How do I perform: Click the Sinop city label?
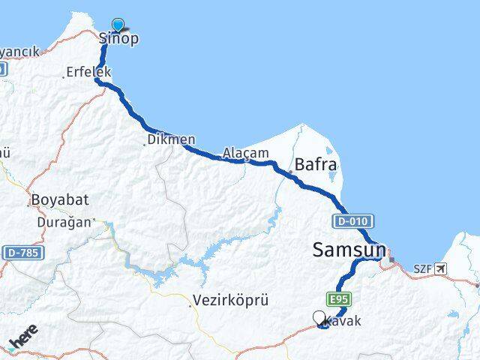(x=119, y=39)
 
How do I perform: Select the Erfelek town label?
(x=89, y=72)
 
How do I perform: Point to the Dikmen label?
(x=172, y=139)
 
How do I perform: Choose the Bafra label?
(x=316, y=163)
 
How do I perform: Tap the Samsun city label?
(x=349, y=250)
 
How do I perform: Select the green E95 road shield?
(x=338, y=298)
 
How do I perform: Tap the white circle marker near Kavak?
(x=320, y=318)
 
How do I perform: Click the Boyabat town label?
(x=60, y=200)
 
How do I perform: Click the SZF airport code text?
(x=423, y=268)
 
